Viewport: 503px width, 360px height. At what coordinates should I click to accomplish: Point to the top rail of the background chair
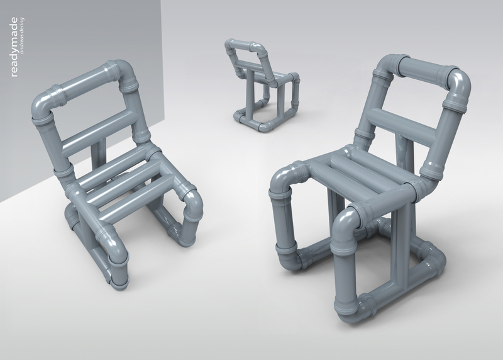[242, 45]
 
